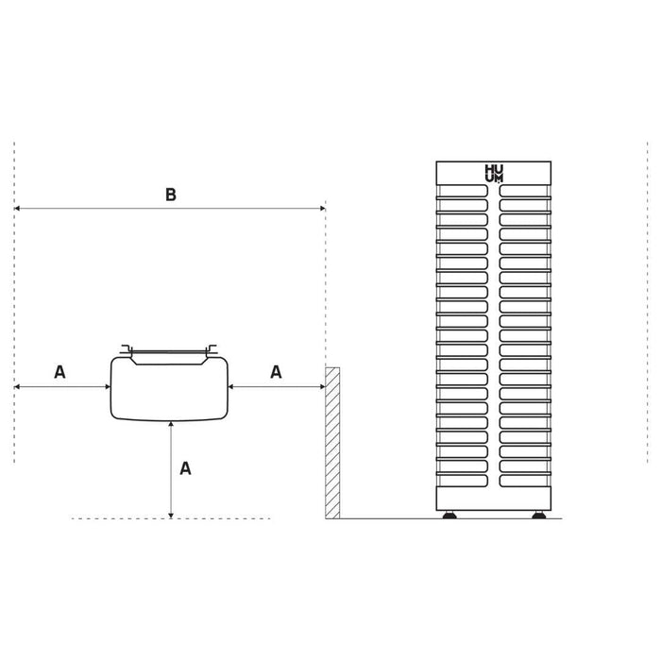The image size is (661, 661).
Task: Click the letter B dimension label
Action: pos(171,195)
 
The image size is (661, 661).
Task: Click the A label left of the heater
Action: pos(59,372)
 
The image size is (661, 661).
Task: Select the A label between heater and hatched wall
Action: pos(276,372)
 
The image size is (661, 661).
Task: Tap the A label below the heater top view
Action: pos(185,468)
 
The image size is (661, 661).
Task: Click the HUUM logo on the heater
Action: pos(494,173)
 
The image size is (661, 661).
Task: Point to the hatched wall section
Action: pos(332,443)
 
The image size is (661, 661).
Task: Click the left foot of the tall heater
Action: pos(449,515)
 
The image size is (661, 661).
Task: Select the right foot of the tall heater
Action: pos(539,515)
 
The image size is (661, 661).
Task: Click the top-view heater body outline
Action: pos(110,388)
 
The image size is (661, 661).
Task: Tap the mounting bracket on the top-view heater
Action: pos(169,351)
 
